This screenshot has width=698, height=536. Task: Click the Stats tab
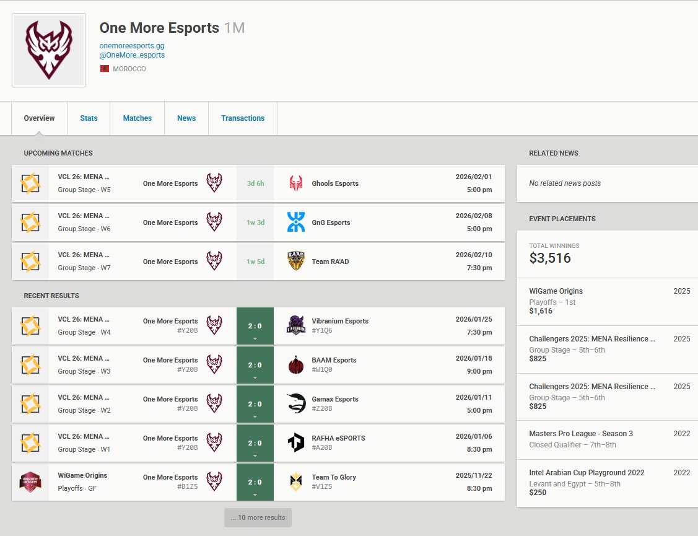[x=89, y=118]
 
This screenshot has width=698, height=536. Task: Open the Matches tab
[x=137, y=118]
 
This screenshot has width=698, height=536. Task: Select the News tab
[x=186, y=118]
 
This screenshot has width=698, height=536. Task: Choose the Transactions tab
[x=243, y=118]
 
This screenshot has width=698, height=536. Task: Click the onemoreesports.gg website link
[x=132, y=46]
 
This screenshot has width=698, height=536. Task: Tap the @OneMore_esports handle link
[x=132, y=55]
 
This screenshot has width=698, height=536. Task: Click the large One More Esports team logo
[x=49, y=50]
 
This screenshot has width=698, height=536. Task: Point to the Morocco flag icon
[x=104, y=69]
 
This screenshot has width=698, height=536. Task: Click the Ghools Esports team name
[x=335, y=183]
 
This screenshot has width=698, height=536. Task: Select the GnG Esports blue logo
[x=296, y=222]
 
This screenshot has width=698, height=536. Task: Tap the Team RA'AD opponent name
[x=330, y=261]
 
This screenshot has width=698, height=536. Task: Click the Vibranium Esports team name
[x=340, y=321]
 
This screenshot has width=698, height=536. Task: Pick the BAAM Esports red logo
[x=296, y=365]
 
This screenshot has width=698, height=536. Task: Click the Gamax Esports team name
[x=335, y=399]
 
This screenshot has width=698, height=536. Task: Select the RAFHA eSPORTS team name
[x=338, y=438]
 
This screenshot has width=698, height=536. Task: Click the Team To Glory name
[x=334, y=477]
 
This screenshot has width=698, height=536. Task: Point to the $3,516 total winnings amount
[x=550, y=258]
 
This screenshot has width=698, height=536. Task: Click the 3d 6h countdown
[x=255, y=183]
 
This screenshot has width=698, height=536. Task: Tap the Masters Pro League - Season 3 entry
[x=581, y=434]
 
